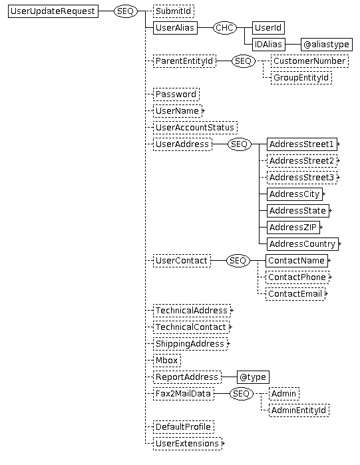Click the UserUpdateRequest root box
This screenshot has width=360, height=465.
click(x=53, y=11)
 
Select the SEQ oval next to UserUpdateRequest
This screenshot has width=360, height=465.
click(x=126, y=11)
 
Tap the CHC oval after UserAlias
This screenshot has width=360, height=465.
click(x=225, y=28)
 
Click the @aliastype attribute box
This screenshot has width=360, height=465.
click(x=327, y=45)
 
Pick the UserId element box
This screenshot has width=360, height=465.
click(x=268, y=28)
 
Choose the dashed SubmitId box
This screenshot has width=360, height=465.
click(x=174, y=11)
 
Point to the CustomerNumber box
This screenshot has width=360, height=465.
click(x=309, y=61)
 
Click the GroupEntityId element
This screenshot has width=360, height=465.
click(x=301, y=78)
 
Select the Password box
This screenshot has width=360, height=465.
click(x=176, y=94)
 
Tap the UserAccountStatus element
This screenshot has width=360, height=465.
click(x=195, y=128)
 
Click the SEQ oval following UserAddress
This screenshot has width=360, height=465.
click(x=240, y=144)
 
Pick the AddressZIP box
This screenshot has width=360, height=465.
click(x=293, y=227)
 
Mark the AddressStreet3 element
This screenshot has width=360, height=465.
click(x=302, y=178)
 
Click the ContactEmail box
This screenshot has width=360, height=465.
click(x=295, y=293)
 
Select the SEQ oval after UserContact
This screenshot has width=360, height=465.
click(x=238, y=260)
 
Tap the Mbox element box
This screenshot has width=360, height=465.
click(x=166, y=360)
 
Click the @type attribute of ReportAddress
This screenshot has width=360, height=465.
click(x=253, y=377)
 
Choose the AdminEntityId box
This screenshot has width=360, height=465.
click(x=299, y=410)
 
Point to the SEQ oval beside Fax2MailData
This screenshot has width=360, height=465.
click(x=242, y=393)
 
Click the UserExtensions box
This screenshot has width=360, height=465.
click(x=188, y=443)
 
